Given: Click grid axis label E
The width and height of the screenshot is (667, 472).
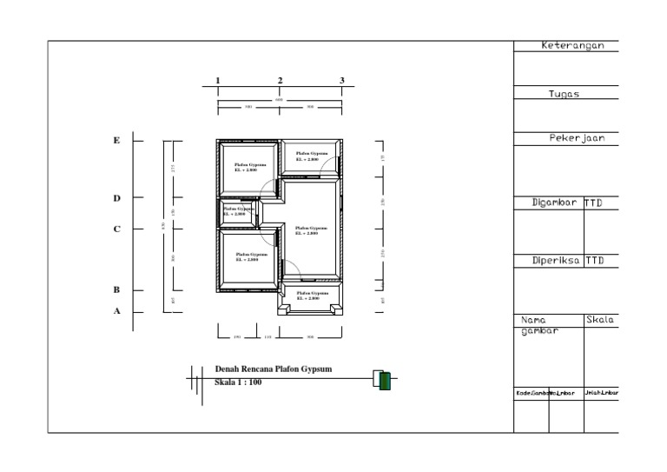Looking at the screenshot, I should pyautogui.click(x=116, y=140).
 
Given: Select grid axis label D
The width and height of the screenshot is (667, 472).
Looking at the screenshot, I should pyautogui.click(x=116, y=198).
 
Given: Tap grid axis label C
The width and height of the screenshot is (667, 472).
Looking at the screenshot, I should pyautogui.click(x=116, y=229).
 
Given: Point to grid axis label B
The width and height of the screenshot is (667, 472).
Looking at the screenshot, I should pyautogui.click(x=116, y=289).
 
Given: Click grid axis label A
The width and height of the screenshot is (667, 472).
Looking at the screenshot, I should pyautogui.click(x=116, y=311).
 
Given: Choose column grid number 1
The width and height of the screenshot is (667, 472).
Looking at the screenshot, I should pyautogui.click(x=217, y=80).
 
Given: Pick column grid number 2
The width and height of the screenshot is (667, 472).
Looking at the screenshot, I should pyautogui.click(x=280, y=80).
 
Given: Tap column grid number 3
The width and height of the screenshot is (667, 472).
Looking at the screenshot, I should pyautogui.click(x=342, y=80).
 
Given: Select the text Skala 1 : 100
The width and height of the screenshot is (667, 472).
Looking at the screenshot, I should pyautogui.click(x=238, y=382).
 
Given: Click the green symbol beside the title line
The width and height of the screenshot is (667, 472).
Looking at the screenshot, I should pyautogui.click(x=385, y=380).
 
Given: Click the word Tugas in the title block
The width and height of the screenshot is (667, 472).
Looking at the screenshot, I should pyautogui.click(x=565, y=94).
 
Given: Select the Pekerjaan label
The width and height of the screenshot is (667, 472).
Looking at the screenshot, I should pyautogui.click(x=571, y=138).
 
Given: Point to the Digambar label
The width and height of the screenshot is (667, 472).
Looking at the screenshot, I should pyautogui.click(x=554, y=203).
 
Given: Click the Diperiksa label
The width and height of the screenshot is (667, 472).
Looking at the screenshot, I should pyautogui.click(x=554, y=260).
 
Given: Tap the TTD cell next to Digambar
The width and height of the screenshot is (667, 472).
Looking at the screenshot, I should pyautogui.click(x=594, y=203).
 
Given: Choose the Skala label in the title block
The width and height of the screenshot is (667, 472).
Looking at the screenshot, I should pyautogui.click(x=600, y=320).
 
